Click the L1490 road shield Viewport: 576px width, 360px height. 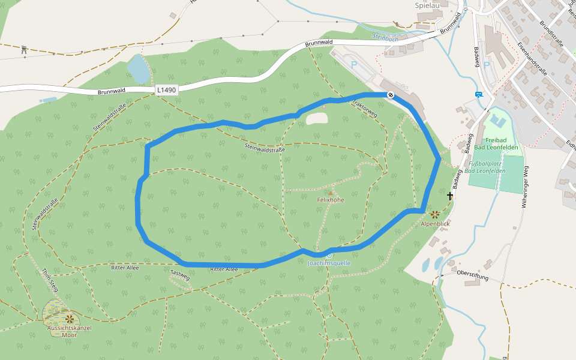[x=166, y=90]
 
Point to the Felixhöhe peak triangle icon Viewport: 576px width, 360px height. [x=330, y=193]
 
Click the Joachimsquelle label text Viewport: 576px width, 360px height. [x=328, y=263]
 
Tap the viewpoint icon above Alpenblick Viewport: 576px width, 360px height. [x=435, y=214]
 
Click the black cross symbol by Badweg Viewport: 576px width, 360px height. [x=450, y=196]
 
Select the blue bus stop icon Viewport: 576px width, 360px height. [x=478, y=94]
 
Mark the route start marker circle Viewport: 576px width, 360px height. [x=391, y=95]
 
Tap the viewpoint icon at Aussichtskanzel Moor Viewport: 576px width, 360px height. [x=70, y=318]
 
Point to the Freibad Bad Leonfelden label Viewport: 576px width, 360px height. [x=495, y=143]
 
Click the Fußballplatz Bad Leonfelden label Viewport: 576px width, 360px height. [x=487, y=167]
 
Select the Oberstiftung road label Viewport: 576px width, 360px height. [x=473, y=275]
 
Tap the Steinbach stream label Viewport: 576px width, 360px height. [x=385, y=37]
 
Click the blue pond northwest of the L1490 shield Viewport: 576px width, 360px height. [x=137, y=69]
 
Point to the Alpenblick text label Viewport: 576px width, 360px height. [x=435, y=224]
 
